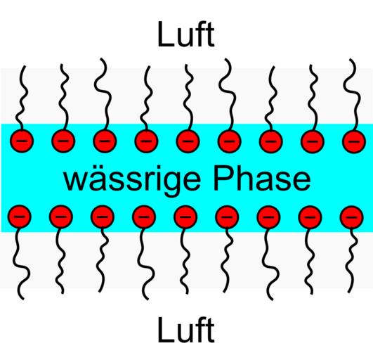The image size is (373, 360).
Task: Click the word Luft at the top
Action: pyautogui.click(x=186, y=34)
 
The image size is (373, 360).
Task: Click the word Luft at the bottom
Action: pyautogui.click(x=186, y=330)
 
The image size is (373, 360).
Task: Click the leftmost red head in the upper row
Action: pyautogui.click(x=22, y=141)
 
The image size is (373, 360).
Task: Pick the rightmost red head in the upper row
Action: pyautogui.click(x=354, y=141)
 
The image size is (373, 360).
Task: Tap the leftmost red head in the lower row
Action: pyautogui.click(x=20, y=217)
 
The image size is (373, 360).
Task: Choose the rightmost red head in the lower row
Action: pyautogui.click(x=352, y=217)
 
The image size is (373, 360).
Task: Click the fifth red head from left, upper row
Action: pyautogui.click(x=188, y=141)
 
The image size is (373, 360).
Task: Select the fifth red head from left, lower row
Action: pyautogui.click(x=185, y=217)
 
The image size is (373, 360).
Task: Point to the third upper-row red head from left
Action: pyautogui.click(x=105, y=141)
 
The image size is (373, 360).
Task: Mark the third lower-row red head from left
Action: pyautogui.click(x=103, y=217)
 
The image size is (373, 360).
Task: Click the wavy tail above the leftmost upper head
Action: pyautogui.click(x=22, y=98)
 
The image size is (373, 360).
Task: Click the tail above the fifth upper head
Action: pyautogui.click(x=189, y=98)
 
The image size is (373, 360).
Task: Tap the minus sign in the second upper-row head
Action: pyautogui.click(x=63, y=141)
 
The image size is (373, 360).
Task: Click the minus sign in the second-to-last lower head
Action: pyautogui.click(x=310, y=217)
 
